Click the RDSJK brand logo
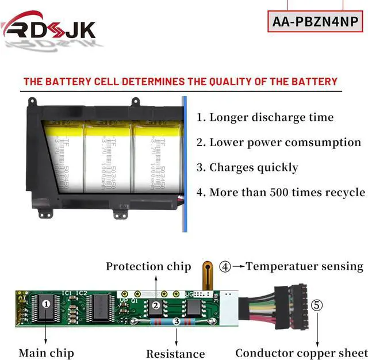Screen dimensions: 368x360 point(49,28)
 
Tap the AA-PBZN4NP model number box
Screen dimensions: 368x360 point(315,22)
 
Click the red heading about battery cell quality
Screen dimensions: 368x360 point(180,82)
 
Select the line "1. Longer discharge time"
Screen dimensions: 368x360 point(265,117)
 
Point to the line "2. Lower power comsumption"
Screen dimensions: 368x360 point(279,142)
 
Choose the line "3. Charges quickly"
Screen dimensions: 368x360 point(247,167)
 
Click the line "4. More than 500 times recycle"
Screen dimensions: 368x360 point(281,192)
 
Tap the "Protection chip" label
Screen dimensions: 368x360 point(148,266)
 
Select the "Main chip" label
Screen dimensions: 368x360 point(46,353)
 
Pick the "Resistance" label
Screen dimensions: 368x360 point(175,354)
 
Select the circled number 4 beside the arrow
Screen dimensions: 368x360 point(225,267)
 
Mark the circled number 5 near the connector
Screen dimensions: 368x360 point(317,305)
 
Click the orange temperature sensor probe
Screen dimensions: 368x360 point(207,275)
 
